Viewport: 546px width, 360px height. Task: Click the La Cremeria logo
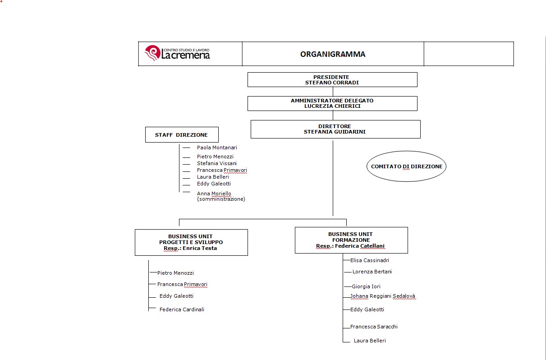177,53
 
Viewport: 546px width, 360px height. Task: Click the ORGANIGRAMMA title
333,54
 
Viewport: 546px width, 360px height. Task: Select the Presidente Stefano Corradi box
332,79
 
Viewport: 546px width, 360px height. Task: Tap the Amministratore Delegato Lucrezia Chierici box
332,103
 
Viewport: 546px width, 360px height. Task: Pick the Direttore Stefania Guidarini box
335,129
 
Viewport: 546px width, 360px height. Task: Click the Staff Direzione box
182,134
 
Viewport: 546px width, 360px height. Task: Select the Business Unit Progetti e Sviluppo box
191,242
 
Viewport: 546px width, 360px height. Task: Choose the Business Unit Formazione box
351,240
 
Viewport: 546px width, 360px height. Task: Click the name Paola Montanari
217,148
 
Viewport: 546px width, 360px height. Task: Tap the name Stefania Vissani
217,163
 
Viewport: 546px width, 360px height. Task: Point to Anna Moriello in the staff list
214,194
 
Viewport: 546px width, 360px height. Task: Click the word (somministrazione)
221,199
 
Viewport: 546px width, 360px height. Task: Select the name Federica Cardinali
182,309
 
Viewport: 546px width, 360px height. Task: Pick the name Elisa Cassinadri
370,260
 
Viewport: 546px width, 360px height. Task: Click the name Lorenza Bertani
372,272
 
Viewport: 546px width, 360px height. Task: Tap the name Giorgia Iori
366,286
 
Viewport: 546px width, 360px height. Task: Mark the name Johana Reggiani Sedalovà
383,296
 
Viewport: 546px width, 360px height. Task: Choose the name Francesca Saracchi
374,327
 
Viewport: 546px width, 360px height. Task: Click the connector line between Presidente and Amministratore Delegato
333,92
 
